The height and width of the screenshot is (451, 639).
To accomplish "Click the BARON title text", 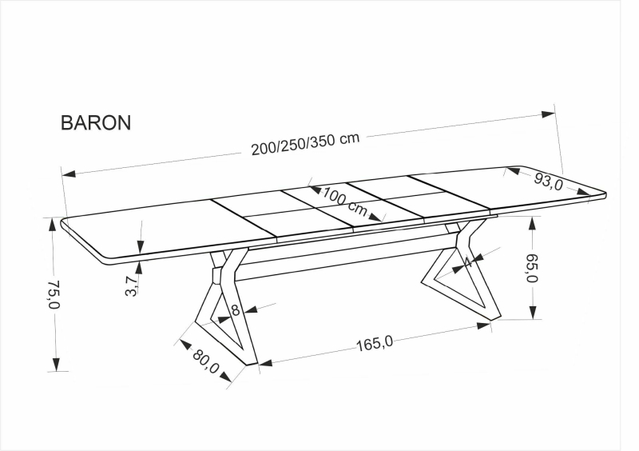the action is pos(96,122).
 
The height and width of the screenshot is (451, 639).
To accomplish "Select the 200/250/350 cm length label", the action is pos(305,143).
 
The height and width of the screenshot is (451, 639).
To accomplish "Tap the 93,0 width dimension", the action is pos(548,181).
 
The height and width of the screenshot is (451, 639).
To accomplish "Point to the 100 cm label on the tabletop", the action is pos(345,202).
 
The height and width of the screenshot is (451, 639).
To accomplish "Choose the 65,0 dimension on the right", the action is pos(532,268).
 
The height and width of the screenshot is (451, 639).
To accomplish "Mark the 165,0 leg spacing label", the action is pos(375,343).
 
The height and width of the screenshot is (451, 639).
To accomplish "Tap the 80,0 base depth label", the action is pos(206,361).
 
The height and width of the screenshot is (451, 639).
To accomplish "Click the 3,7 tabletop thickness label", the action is pos(132,285).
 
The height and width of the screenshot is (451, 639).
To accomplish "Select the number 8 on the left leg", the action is pos(236,310).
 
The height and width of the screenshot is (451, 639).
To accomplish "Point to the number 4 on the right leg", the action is pos(468,261).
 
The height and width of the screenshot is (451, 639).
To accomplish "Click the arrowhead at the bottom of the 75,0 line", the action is pos(56,365).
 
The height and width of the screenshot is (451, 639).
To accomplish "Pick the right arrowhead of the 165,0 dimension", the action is pos(483,326).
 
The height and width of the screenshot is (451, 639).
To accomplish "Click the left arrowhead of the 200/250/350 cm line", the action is pos(69,174).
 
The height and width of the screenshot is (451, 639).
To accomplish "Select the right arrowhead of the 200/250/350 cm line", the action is pos(548,114).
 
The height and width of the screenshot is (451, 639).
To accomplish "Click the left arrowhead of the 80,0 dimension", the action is pos(185,345).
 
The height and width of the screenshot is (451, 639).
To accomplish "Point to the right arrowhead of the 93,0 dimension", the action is pos(584,191).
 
